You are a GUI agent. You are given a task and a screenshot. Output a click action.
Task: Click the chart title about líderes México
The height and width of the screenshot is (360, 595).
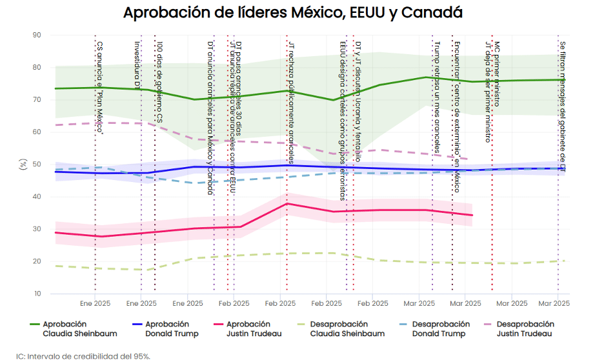click(x=292, y=12)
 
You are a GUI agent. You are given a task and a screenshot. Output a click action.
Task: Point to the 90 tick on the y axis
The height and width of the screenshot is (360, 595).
click(x=36, y=35)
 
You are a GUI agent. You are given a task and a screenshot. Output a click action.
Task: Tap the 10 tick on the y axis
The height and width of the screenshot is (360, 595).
click(x=37, y=294)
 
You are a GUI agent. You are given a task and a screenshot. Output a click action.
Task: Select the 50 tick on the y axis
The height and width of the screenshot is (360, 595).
click(x=36, y=165)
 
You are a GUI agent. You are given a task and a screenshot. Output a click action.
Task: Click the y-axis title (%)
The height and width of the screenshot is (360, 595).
click(x=23, y=165)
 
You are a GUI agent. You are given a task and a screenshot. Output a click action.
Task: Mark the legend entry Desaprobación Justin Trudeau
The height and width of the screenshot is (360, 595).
click(x=525, y=329)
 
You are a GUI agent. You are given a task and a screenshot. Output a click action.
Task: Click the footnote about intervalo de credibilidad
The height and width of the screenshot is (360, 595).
click(x=84, y=355)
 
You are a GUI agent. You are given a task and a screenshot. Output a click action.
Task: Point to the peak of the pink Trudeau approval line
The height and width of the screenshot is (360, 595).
click(x=287, y=204)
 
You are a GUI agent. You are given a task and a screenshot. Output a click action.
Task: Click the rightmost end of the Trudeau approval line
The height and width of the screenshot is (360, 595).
click(x=472, y=215)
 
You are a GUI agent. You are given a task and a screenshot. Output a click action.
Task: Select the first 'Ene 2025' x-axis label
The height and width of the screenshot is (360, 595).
click(x=95, y=303)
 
